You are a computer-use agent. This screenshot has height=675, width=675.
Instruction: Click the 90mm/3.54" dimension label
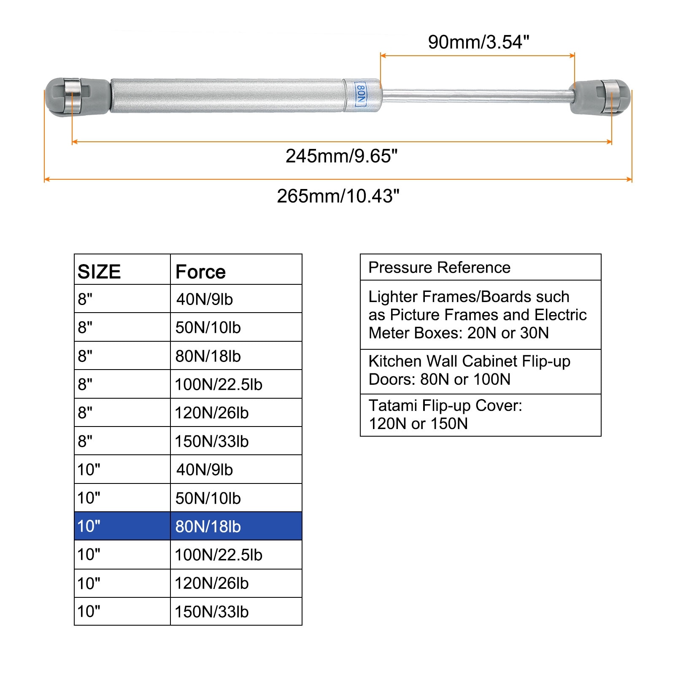(478, 42)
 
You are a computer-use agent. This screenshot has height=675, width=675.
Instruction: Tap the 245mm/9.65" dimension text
(341, 156)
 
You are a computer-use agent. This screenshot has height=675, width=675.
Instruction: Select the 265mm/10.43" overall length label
(338, 196)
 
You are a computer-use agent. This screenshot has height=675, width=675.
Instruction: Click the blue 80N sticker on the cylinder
(361, 95)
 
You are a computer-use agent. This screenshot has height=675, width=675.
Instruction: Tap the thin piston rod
(477, 96)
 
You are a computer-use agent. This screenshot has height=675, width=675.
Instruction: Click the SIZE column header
(99, 272)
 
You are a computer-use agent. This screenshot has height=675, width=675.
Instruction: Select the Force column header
(200, 272)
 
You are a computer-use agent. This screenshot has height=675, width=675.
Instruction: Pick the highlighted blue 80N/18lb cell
(208, 526)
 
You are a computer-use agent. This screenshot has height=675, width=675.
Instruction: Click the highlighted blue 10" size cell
(89, 526)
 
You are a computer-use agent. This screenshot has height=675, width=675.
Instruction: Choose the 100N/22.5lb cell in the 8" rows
(219, 384)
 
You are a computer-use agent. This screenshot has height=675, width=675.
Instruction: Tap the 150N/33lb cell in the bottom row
(212, 612)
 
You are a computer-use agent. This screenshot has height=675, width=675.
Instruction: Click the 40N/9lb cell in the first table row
(205, 299)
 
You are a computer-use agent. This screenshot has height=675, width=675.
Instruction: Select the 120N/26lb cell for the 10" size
(212, 583)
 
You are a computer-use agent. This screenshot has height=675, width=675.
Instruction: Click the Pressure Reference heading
(439, 267)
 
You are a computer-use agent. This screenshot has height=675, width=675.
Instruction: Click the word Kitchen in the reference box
(395, 361)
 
